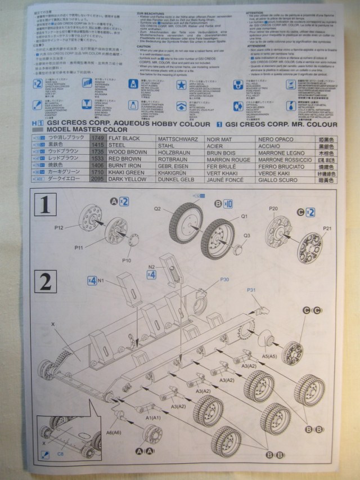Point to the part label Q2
(158, 209)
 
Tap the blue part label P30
(224, 280)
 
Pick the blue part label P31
(251, 291)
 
